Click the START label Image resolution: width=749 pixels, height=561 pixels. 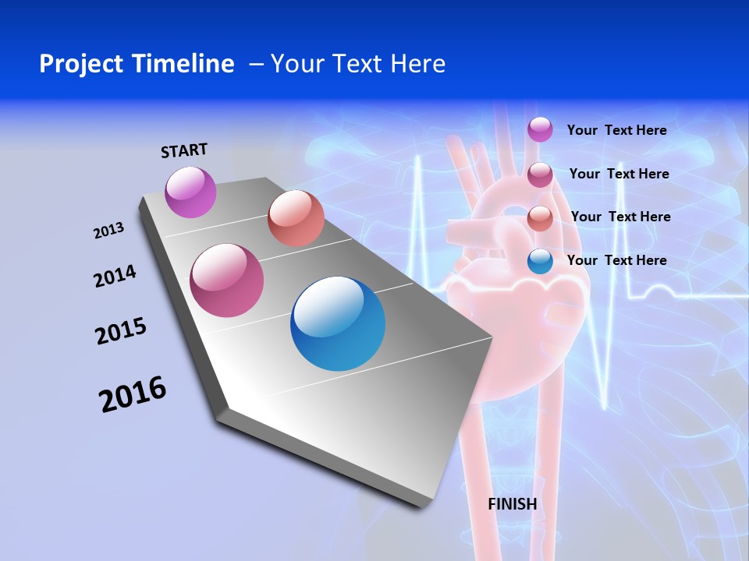point(184,150)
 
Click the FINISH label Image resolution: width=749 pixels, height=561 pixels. point(513,504)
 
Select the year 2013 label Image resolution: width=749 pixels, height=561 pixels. point(108,231)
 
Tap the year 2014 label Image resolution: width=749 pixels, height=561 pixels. point(115,277)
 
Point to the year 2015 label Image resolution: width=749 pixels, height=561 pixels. point(121,331)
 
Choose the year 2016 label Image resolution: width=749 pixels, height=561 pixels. point(133,394)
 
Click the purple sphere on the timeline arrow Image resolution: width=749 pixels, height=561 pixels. point(191,192)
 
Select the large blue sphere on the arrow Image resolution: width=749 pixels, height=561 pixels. point(338,323)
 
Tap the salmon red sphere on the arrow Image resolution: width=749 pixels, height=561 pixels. point(296,218)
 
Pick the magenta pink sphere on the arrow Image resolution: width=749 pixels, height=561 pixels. point(227,280)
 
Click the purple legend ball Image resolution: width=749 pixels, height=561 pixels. point(540,129)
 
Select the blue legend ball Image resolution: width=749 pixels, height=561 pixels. point(540,261)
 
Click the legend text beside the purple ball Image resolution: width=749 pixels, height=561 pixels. point(616,130)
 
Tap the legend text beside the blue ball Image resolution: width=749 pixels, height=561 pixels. point(616,260)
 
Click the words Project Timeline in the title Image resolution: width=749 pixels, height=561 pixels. point(137,64)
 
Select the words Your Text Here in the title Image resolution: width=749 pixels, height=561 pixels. point(357,64)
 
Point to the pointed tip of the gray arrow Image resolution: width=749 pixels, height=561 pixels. point(425,505)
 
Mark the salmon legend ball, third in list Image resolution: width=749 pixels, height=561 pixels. point(540,218)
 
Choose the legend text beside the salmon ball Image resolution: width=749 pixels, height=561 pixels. point(620,217)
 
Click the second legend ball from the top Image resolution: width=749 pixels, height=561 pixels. point(540,175)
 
